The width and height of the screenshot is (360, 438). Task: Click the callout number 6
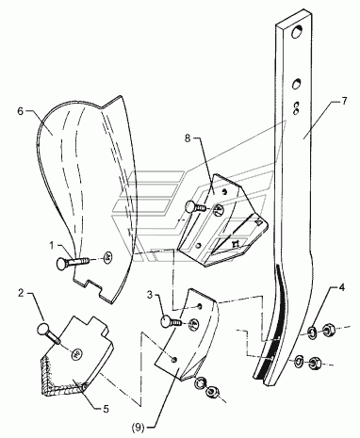point(21,111)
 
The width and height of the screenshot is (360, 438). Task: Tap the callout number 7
point(344,101)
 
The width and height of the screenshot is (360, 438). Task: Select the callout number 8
point(188,138)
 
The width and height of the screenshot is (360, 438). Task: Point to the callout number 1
point(53,245)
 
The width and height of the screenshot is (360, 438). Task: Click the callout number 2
point(21,293)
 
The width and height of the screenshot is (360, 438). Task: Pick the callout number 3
point(150,295)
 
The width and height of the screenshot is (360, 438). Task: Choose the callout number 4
point(341,287)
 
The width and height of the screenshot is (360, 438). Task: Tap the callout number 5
point(106,409)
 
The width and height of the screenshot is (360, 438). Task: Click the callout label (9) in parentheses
point(139,428)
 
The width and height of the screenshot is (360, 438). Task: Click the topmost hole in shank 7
point(296,32)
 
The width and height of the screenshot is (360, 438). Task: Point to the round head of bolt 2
point(42,330)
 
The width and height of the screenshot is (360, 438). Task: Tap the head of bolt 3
point(166,321)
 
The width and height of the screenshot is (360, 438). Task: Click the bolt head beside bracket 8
point(190,207)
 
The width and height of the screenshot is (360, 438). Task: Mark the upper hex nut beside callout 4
point(328,330)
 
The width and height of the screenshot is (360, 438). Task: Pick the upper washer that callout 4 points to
point(312,333)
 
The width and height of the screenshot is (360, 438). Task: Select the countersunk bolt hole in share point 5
point(77,354)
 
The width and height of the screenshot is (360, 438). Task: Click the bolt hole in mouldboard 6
point(108,257)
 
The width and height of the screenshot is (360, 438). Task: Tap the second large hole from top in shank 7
point(296,84)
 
